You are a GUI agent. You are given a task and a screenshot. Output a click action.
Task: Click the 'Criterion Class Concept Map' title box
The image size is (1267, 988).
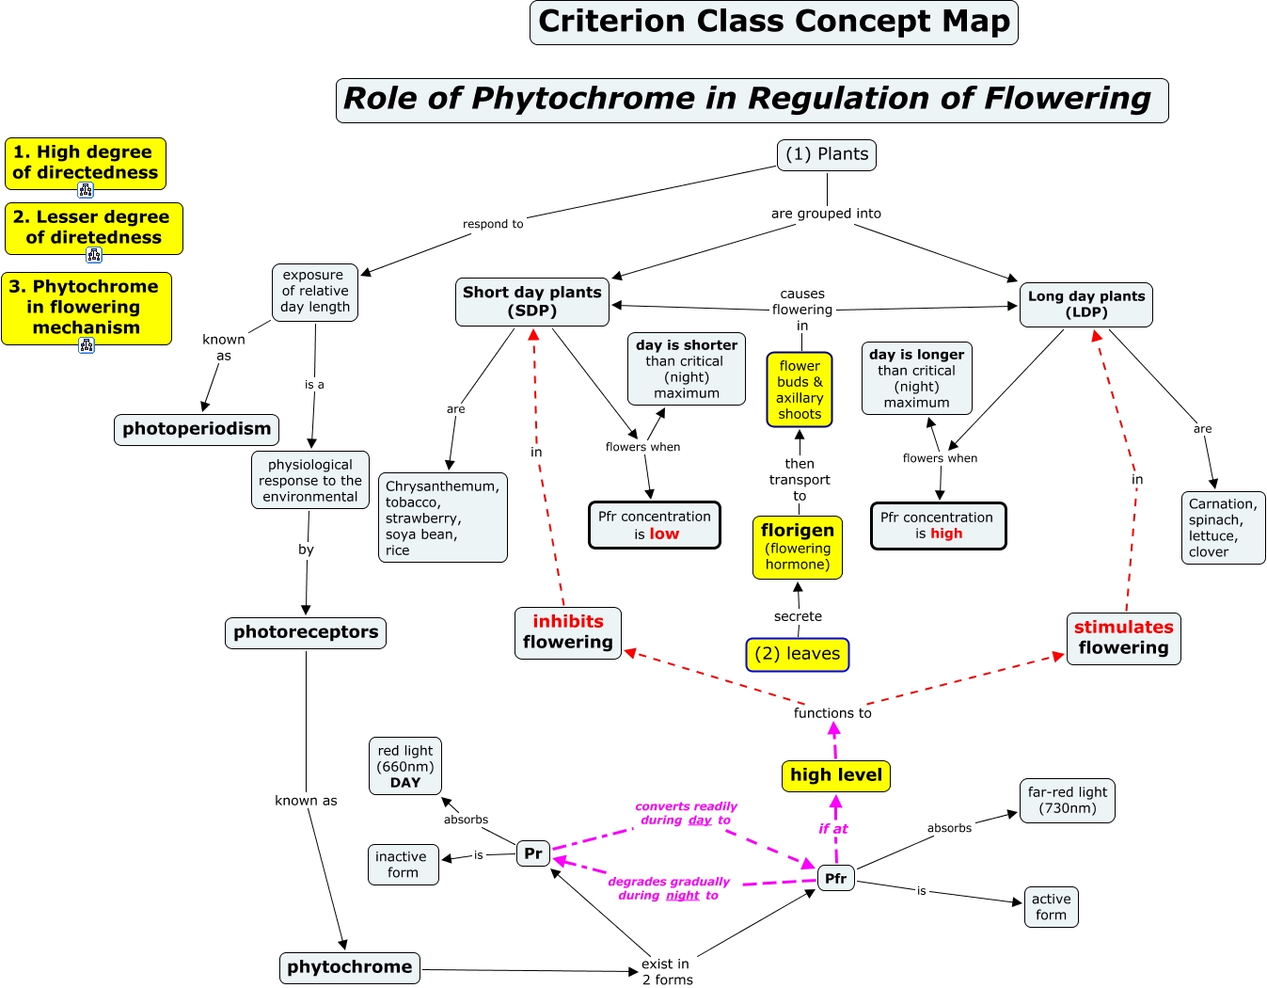click(773, 23)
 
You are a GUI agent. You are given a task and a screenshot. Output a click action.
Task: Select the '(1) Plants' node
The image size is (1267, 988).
click(827, 155)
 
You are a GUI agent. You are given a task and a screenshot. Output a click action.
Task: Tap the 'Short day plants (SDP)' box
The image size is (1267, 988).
click(531, 302)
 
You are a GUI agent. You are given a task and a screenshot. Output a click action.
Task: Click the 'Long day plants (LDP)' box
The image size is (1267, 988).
click(1085, 305)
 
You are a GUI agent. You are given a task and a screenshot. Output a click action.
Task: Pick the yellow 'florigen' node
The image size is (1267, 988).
click(797, 547)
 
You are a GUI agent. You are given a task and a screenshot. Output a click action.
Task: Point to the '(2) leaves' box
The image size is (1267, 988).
click(797, 654)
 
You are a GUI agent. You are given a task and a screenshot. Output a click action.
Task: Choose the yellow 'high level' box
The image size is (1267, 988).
click(835, 775)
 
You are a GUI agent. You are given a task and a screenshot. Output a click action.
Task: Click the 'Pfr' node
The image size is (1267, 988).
click(835, 879)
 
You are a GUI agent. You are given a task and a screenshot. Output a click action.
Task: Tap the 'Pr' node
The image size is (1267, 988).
click(533, 853)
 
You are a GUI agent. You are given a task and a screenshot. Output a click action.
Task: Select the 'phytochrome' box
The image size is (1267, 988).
click(349, 967)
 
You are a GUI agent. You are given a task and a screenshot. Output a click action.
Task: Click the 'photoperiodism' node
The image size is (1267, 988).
click(197, 429)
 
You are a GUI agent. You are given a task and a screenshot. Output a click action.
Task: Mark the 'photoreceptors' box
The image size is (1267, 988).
click(306, 632)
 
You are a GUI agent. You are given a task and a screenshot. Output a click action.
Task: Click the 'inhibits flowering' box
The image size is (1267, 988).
click(568, 632)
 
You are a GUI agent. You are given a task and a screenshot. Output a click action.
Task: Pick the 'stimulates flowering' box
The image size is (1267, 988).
click(1123, 638)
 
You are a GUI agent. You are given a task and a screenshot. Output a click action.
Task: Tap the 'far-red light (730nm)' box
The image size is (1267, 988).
click(1067, 800)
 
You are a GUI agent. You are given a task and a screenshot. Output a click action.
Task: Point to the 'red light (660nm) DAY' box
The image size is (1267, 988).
click(405, 766)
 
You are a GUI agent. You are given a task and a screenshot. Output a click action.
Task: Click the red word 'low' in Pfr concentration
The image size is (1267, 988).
click(664, 534)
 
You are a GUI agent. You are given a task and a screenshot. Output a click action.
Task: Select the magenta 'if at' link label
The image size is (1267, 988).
click(832, 829)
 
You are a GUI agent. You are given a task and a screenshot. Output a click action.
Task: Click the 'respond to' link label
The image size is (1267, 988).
click(493, 224)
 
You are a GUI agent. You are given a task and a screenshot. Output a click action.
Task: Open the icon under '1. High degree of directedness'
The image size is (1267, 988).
click(86, 190)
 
